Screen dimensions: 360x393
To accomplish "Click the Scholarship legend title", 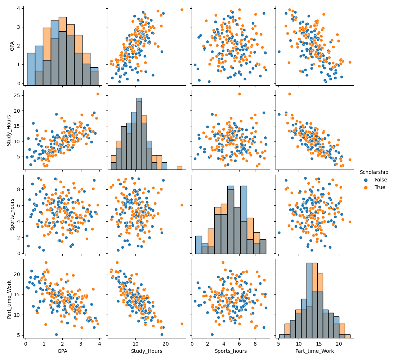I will (x=374, y=172).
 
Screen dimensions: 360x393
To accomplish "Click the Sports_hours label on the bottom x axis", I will (x=231, y=351).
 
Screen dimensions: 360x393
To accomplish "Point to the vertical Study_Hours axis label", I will (x=10, y=130).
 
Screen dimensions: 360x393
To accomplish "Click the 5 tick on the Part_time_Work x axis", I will (x=278, y=343).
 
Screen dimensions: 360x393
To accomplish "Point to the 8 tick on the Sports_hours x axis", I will (x=255, y=343).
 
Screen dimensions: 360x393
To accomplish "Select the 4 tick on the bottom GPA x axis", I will (x=99, y=343).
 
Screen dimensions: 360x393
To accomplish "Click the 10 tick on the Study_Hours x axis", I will (x=135, y=343).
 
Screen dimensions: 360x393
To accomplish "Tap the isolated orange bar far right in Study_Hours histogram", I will (x=179, y=168).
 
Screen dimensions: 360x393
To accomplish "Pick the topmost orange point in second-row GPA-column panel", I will (x=98, y=94).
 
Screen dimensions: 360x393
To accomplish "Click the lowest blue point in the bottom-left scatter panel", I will (x=56, y=334).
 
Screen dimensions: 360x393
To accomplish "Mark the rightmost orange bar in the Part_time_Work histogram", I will (x=348, y=336).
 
